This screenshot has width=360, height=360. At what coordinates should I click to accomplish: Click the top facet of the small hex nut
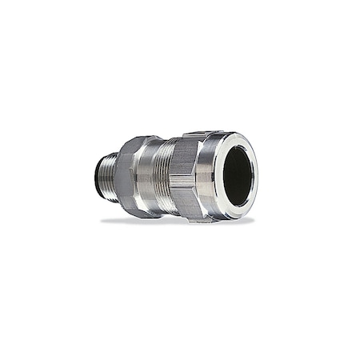(132, 148)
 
